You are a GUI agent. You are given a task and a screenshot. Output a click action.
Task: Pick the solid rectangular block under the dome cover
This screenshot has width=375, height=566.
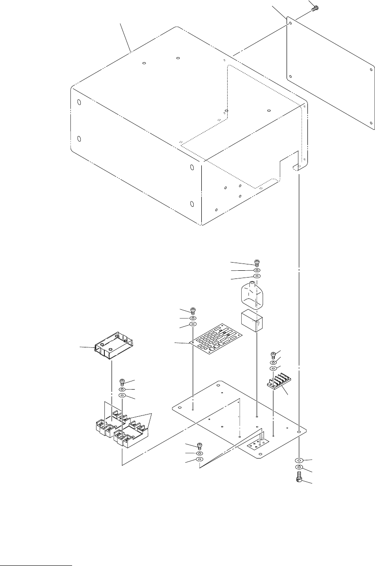(251, 321)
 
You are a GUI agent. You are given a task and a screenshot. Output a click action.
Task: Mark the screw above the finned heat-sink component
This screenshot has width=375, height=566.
(273, 355)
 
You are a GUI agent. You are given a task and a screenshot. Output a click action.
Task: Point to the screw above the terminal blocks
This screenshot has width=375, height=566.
(122, 382)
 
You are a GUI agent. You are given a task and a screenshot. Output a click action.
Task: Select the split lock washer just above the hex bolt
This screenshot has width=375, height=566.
(299, 467)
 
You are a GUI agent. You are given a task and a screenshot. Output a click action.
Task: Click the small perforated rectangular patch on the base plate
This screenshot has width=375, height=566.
(256, 446)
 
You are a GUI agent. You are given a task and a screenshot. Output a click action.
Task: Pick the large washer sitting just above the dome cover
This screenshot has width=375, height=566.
(257, 275)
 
